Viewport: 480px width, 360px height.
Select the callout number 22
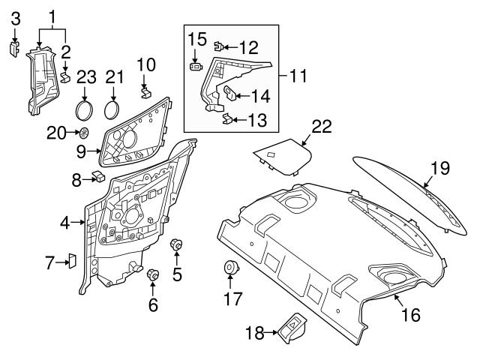tap(320, 127)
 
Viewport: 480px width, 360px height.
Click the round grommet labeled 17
tap(230, 268)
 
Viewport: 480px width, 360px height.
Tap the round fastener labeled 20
tap(84, 133)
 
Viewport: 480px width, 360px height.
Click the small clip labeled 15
tap(196, 66)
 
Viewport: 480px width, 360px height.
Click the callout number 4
tap(64, 223)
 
